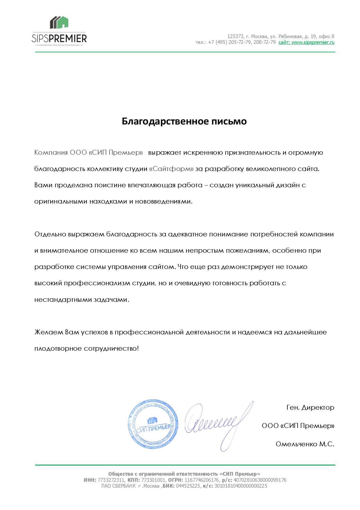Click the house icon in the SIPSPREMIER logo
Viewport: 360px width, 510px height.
click(59, 23)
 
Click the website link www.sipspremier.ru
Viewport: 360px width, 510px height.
click(313, 42)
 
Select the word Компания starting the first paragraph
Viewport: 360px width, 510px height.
click(51, 153)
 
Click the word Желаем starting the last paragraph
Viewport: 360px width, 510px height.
click(48, 332)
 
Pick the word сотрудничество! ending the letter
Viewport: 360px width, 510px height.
click(111, 348)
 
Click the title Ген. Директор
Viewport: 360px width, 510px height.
click(310, 407)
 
